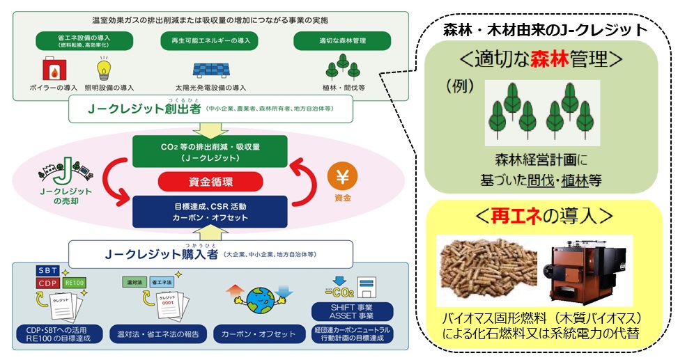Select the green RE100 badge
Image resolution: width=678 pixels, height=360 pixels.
(x=74, y=284)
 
